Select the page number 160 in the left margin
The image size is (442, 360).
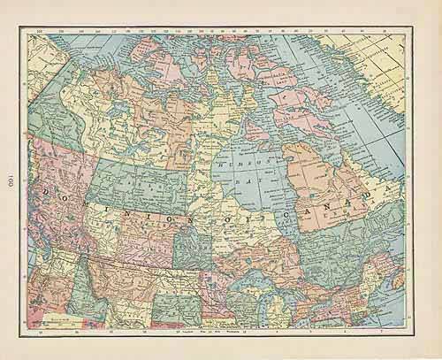coord(12,181)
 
